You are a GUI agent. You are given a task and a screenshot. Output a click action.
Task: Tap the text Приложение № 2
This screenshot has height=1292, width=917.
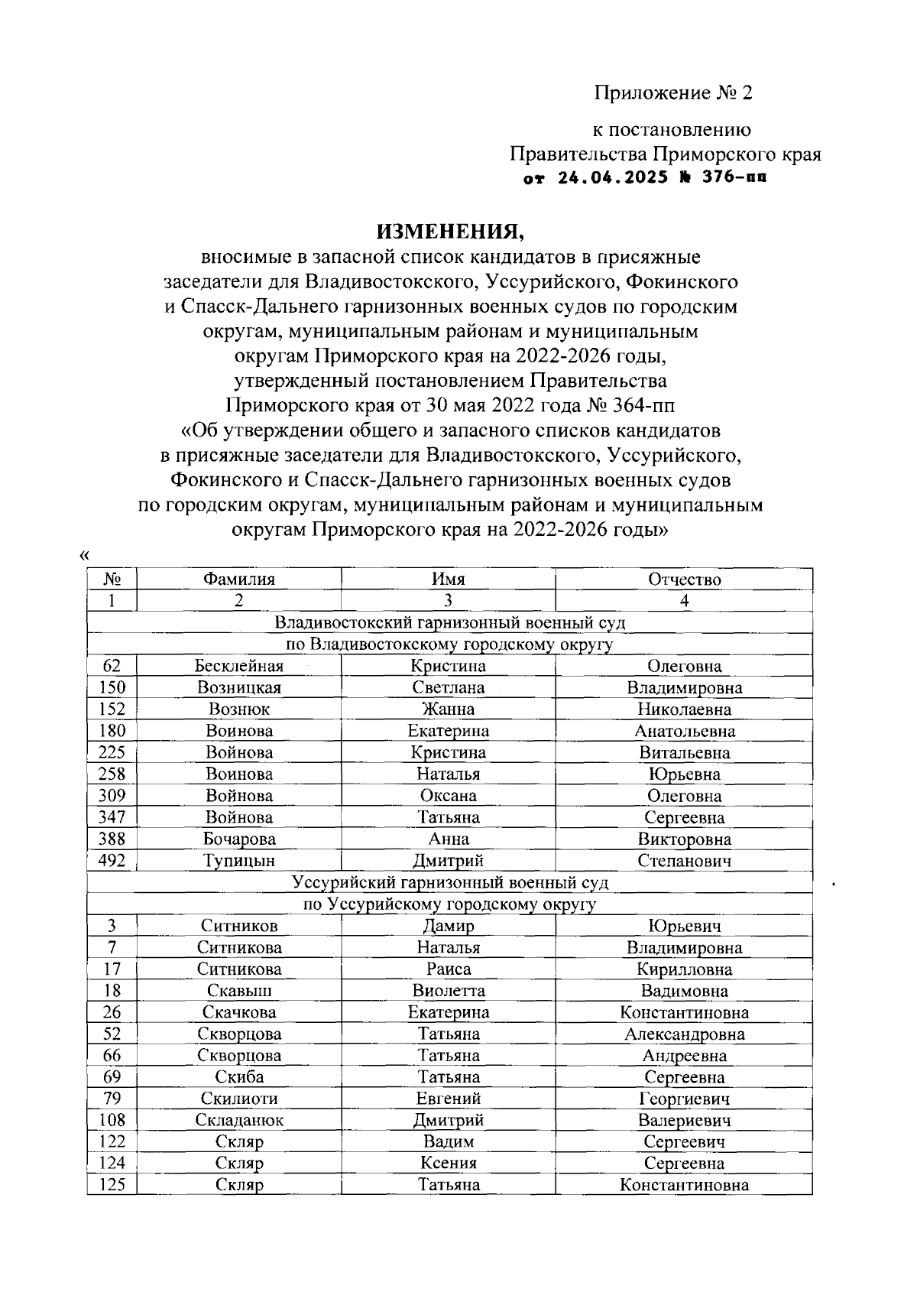(x=673, y=93)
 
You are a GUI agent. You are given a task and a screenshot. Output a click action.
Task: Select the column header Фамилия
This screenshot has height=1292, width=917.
(x=238, y=579)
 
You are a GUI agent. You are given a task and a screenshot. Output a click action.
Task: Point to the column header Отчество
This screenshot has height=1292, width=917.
(x=684, y=579)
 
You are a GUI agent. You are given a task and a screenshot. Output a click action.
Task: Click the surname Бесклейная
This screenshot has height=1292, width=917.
(x=238, y=666)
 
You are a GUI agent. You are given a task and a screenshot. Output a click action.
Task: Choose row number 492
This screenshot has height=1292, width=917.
(x=112, y=861)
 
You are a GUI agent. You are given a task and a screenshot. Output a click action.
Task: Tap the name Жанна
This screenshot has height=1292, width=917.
(x=448, y=709)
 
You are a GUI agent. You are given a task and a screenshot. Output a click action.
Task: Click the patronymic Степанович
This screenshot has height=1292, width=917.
(x=684, y=862)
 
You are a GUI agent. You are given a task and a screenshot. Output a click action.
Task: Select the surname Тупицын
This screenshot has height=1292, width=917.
(x=238, y=862)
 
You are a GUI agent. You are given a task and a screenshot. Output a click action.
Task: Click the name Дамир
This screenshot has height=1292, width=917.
(x=448, y=926)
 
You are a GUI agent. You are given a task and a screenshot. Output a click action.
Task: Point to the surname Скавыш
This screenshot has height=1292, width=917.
(x=238, y=991)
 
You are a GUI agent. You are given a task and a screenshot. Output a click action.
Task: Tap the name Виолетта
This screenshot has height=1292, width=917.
(x=448, y=991)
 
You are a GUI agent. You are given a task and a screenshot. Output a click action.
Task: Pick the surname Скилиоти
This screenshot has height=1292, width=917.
(x=238, y=1099)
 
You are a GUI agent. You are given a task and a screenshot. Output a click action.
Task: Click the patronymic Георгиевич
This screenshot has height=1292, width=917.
(x=684, y=1099)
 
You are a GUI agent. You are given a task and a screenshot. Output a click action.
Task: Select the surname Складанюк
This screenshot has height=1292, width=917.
(x=238, y=1121)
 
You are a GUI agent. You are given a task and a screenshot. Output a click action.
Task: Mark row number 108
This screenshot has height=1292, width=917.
(x=112, y=1121)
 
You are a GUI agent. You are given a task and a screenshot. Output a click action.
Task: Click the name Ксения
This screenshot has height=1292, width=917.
(x=448, y=1164)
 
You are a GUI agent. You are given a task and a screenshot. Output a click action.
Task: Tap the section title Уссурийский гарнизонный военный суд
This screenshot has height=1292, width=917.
(x=450, y=883)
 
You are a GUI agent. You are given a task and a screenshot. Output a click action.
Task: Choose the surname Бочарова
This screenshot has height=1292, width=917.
(x=238, y=839)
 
